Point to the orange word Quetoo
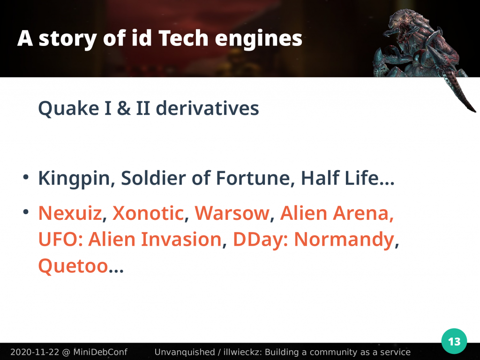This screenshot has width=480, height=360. tap(73, 266)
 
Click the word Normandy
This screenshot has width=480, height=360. tap(344, 240)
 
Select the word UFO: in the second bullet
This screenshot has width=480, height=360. tap(60, 239)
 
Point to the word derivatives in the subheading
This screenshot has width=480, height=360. tap(207, 108)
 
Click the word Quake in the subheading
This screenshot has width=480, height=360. tap(68, 108)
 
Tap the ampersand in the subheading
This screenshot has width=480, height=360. tap(123, 108)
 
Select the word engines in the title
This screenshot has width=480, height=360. tap(258, 39)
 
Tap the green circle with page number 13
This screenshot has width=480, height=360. tap(454, 341)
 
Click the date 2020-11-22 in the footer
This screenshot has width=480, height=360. tap(35, 352)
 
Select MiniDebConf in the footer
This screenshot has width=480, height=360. tap(100, 352)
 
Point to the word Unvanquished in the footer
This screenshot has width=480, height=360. tap(185, 352)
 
